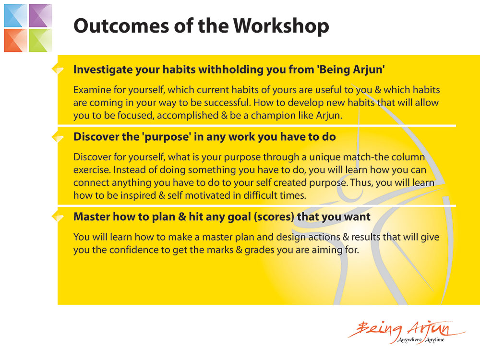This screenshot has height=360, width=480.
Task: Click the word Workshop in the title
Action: coord(281,26)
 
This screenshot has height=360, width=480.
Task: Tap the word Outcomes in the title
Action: coord(121,25)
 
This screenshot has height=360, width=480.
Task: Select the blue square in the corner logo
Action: coord(15,16)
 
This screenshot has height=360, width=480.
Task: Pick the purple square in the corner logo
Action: coord(40,16)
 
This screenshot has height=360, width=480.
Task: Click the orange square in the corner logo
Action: coord(15,40)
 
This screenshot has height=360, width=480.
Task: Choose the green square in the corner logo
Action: coord(40,40)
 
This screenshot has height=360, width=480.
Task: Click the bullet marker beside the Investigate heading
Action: coord(58,70)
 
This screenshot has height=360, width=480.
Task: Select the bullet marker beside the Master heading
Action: coord(58,217)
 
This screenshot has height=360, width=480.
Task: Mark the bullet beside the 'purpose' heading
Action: coord(58,137)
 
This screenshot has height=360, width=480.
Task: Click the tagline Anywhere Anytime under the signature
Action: coord(421,339)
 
